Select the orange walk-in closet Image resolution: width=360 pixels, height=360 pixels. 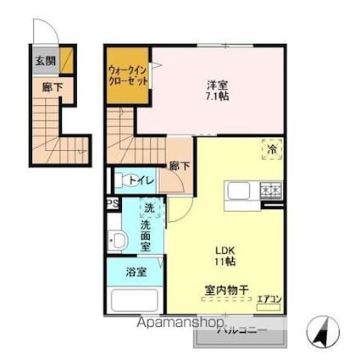[128, 75]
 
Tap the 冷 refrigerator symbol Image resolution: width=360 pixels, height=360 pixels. [274, 147]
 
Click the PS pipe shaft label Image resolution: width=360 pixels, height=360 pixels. [111, 203]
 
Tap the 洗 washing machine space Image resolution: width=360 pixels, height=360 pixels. [147, 208]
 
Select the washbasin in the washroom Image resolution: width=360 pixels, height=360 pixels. [118, 241]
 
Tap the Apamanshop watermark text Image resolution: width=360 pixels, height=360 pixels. [174, 324]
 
